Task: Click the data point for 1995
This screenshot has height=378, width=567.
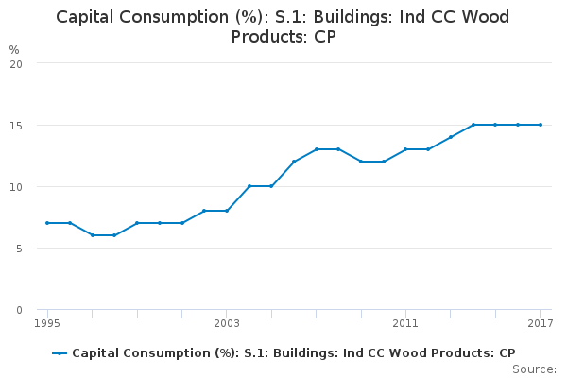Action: tap(47, 223)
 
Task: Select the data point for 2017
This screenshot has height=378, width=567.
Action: tap(541, 125)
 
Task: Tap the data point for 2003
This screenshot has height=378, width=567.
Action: tap(227, 211)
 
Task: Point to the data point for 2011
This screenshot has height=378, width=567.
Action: tap(405, 149)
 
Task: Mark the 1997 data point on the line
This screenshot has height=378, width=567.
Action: tap(93, 235)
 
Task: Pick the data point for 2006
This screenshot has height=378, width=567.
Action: tap(294, 162)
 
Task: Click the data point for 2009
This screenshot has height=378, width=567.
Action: tap(361, 162)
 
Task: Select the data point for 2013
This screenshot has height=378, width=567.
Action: tap(451, 137)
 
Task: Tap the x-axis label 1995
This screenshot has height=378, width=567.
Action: tap(47, 324)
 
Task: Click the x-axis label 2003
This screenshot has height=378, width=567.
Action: tap(227, 324)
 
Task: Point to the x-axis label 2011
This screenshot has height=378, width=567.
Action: tap(405, 324)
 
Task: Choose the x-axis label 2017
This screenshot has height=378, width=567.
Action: tap(540, 324)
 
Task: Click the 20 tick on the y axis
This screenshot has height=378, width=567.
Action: tap(16, 63)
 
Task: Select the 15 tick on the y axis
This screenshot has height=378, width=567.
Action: tap(16, 125)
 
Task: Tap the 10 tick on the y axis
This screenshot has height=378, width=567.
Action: tap(16, 186)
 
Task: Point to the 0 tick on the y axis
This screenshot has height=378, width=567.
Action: tap(19, 310)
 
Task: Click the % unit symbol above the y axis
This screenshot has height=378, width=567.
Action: tap(14, 49)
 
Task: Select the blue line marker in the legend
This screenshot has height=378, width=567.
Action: tap(60, 353)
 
